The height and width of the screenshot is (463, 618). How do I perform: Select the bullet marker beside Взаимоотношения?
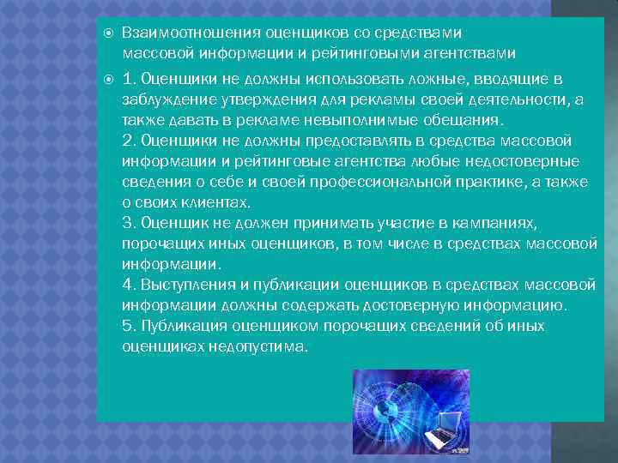[106, 33]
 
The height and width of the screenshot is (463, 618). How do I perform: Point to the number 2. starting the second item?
[129, 141]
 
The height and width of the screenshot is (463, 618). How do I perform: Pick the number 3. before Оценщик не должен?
[129, 223]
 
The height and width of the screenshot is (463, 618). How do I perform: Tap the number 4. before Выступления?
[129, 285]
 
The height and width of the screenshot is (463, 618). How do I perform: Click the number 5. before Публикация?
[129, 326]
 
